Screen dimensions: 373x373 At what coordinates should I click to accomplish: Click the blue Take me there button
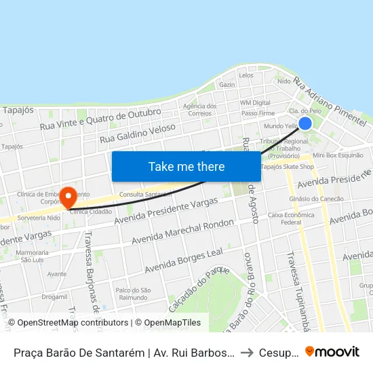click(x=186, y=166)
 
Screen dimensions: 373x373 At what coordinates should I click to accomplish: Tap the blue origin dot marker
click(x=305, y=123)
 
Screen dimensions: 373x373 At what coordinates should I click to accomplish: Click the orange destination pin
click(x=68, y=197)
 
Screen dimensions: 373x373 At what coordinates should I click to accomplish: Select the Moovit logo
click(x=332, y=351)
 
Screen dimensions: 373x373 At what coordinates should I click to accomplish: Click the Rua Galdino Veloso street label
click(x=137, y=132)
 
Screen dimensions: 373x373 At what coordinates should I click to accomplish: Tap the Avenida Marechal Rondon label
click(x=183, y=231)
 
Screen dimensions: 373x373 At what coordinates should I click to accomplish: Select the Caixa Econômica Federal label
click(x=291, y=218)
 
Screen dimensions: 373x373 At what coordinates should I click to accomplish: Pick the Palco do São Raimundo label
click(x=132, y=294)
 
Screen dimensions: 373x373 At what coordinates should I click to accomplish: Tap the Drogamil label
click(x=54, y=296)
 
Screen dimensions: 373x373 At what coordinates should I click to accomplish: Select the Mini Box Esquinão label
click(x=338, y=155)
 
